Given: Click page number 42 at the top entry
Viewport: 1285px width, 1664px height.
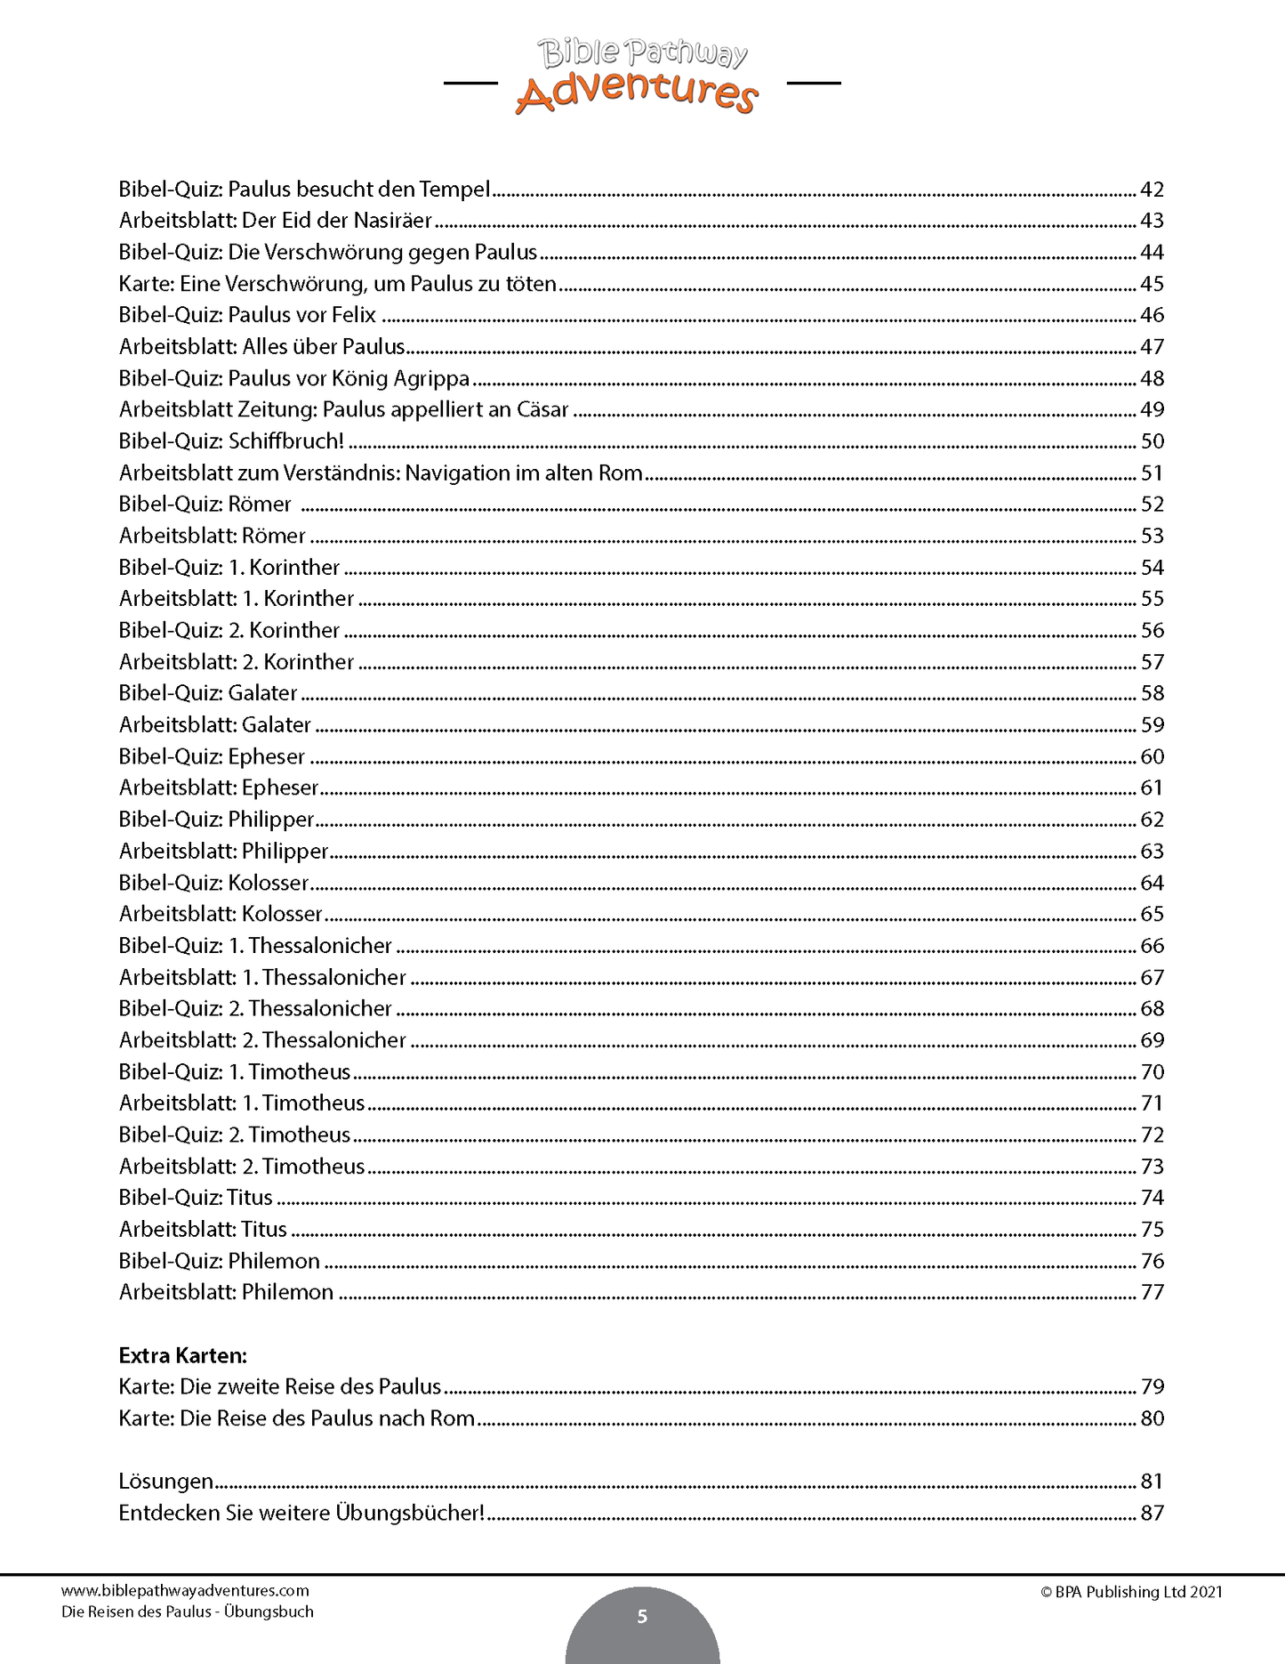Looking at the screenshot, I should coord(1152,190).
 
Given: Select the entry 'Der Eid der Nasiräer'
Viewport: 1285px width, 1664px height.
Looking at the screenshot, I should coord(337,221).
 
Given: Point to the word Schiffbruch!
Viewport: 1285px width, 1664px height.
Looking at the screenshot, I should coord(286,441).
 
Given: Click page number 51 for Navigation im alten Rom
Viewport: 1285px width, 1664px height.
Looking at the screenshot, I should coord(1152,473).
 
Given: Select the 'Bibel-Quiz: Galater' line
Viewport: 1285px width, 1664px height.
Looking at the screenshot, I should coord(208,693).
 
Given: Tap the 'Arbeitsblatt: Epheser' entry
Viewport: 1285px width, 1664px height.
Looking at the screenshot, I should coord(219,788).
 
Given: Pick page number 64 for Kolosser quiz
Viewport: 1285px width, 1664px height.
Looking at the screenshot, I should coord(1152,883).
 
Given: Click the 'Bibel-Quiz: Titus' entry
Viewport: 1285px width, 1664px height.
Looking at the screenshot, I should coord(196,1198).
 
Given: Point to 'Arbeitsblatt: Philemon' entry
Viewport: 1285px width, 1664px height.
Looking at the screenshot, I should coord(226,1292).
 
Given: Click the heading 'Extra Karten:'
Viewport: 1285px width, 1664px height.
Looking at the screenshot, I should coord(182,1356).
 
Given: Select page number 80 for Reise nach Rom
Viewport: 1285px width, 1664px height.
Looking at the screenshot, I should coord(1152,1418).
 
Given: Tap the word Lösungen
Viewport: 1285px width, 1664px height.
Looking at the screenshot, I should coord(166,1482).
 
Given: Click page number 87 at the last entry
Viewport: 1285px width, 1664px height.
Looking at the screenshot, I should coord(1152,1513).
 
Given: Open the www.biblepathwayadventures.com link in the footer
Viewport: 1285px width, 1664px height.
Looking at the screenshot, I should coord(185,1591).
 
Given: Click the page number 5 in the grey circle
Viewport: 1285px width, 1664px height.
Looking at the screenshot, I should coord(642,1617).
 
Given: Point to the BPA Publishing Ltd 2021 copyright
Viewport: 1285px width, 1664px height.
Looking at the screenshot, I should coord(1131,1592).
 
